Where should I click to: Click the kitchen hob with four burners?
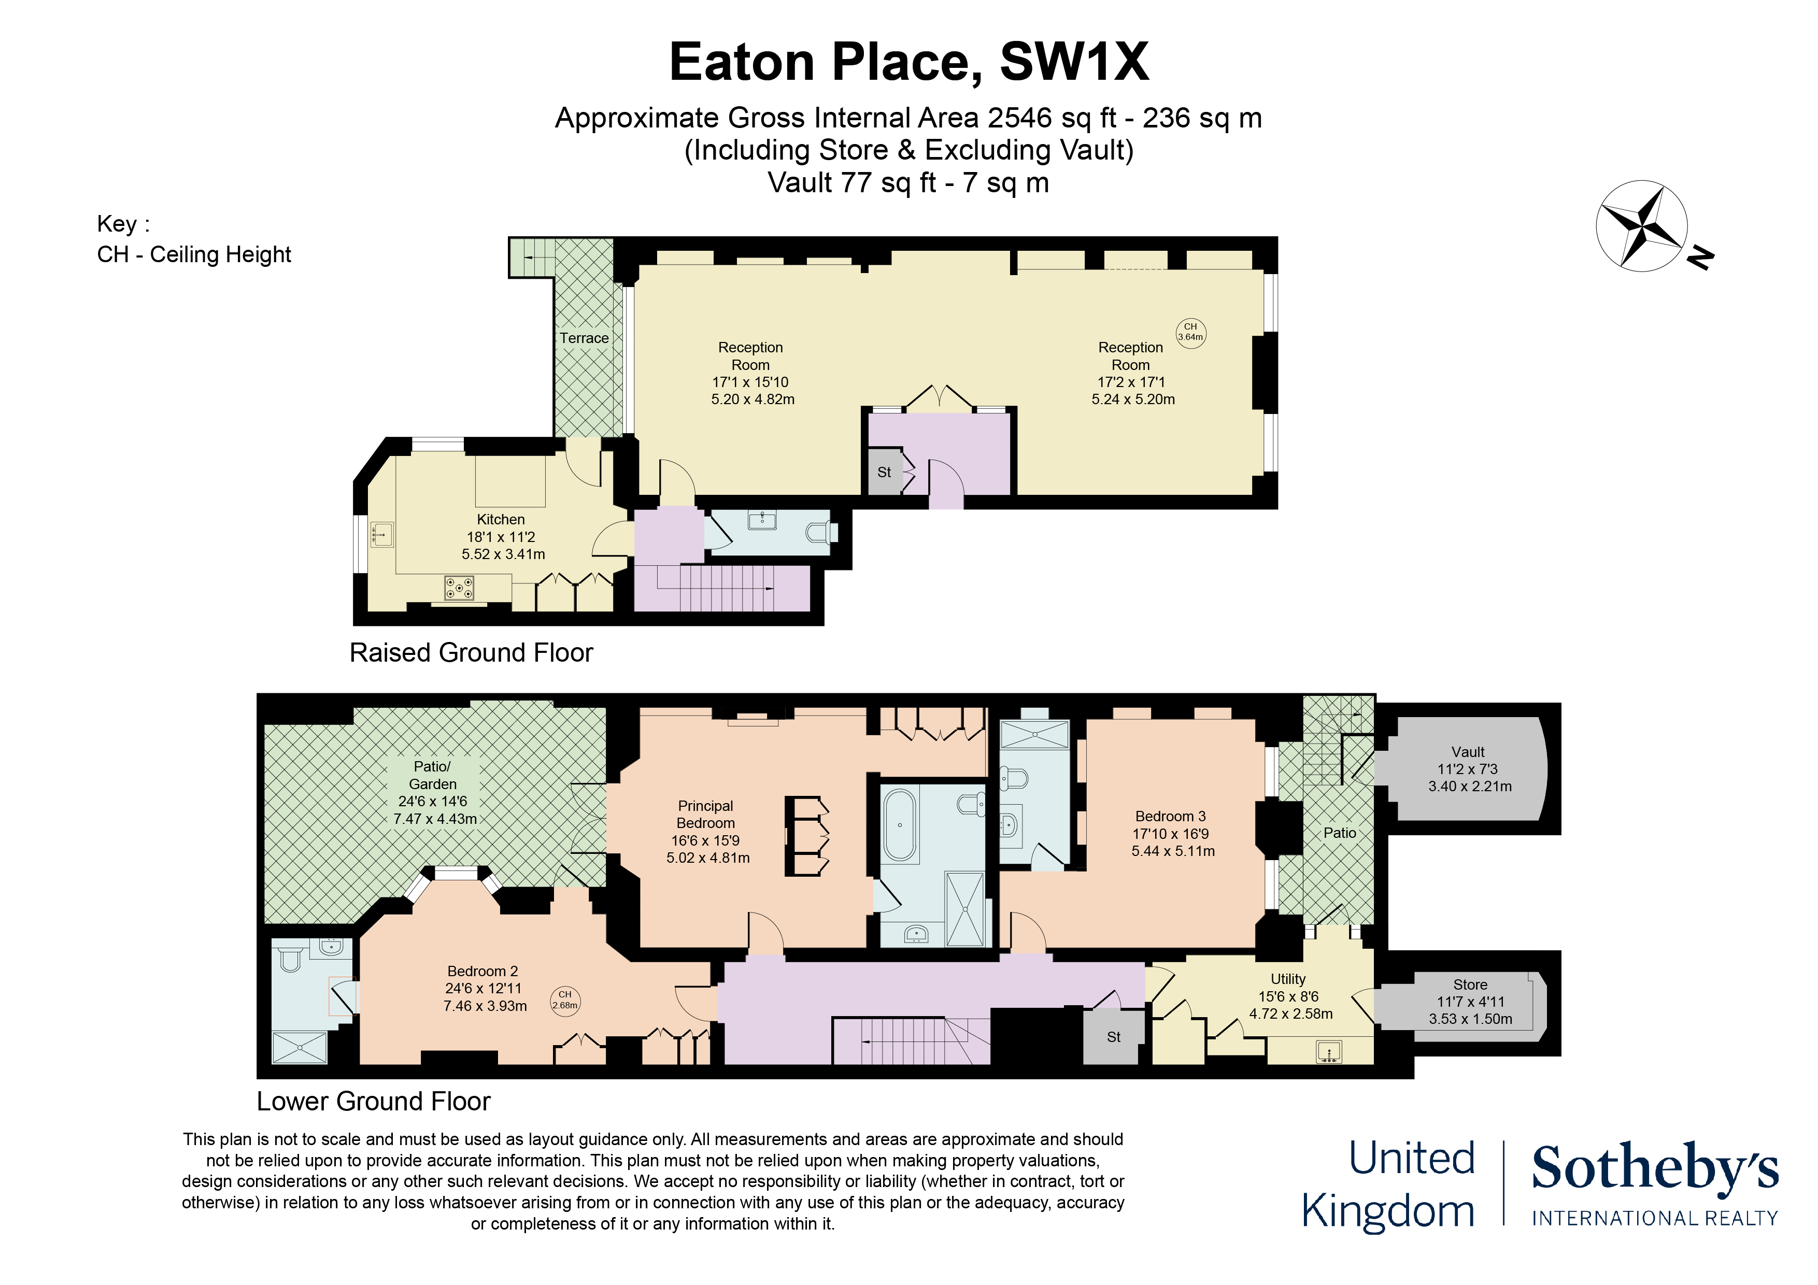click(459, 588)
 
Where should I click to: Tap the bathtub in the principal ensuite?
click(900, 824)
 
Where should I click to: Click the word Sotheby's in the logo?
click(1655, 1168)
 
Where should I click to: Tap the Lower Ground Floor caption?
click(374, 1101)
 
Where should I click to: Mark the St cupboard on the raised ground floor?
click(885, 472)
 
